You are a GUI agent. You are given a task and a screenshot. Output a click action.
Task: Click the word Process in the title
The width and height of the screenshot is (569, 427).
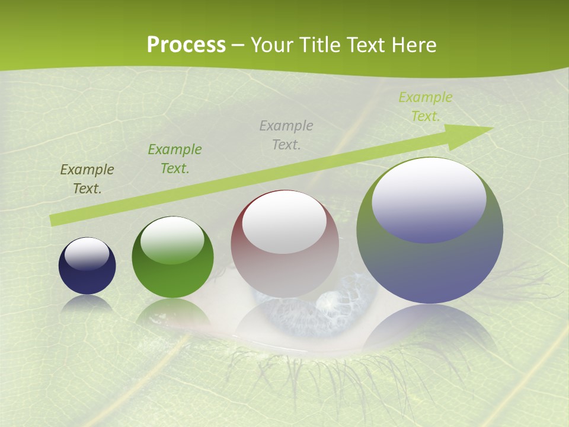point(186,45)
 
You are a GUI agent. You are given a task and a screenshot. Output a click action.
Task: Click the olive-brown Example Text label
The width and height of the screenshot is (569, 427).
point(87,179)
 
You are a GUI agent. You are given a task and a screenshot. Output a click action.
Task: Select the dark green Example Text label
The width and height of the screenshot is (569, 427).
point(175,159)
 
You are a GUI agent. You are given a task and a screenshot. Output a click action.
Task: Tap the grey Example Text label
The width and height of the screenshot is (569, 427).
point(286,135)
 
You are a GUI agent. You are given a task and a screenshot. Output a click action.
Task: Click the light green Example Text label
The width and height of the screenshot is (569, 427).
point(426,107)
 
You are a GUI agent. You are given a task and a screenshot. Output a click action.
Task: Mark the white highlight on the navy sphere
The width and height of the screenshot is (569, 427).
point(87,254)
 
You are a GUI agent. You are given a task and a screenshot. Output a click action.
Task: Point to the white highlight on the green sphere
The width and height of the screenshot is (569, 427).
point(172,240)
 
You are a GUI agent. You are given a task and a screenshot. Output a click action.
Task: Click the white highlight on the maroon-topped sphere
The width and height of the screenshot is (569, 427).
point(284,222)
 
